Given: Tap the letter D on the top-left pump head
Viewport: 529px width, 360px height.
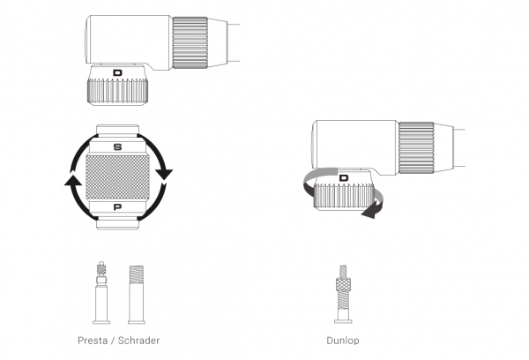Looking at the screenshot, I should tap(118, 72).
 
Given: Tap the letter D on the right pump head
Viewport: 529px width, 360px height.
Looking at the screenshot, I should tap(344, 177).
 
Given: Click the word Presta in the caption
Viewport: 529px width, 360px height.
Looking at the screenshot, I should tap(94, 339).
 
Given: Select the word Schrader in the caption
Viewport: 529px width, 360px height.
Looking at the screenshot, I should tap(139, 339).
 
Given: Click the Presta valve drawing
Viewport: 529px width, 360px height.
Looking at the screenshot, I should tap(101, 291).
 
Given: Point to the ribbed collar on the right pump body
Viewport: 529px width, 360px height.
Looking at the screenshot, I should tap(416, 145).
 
